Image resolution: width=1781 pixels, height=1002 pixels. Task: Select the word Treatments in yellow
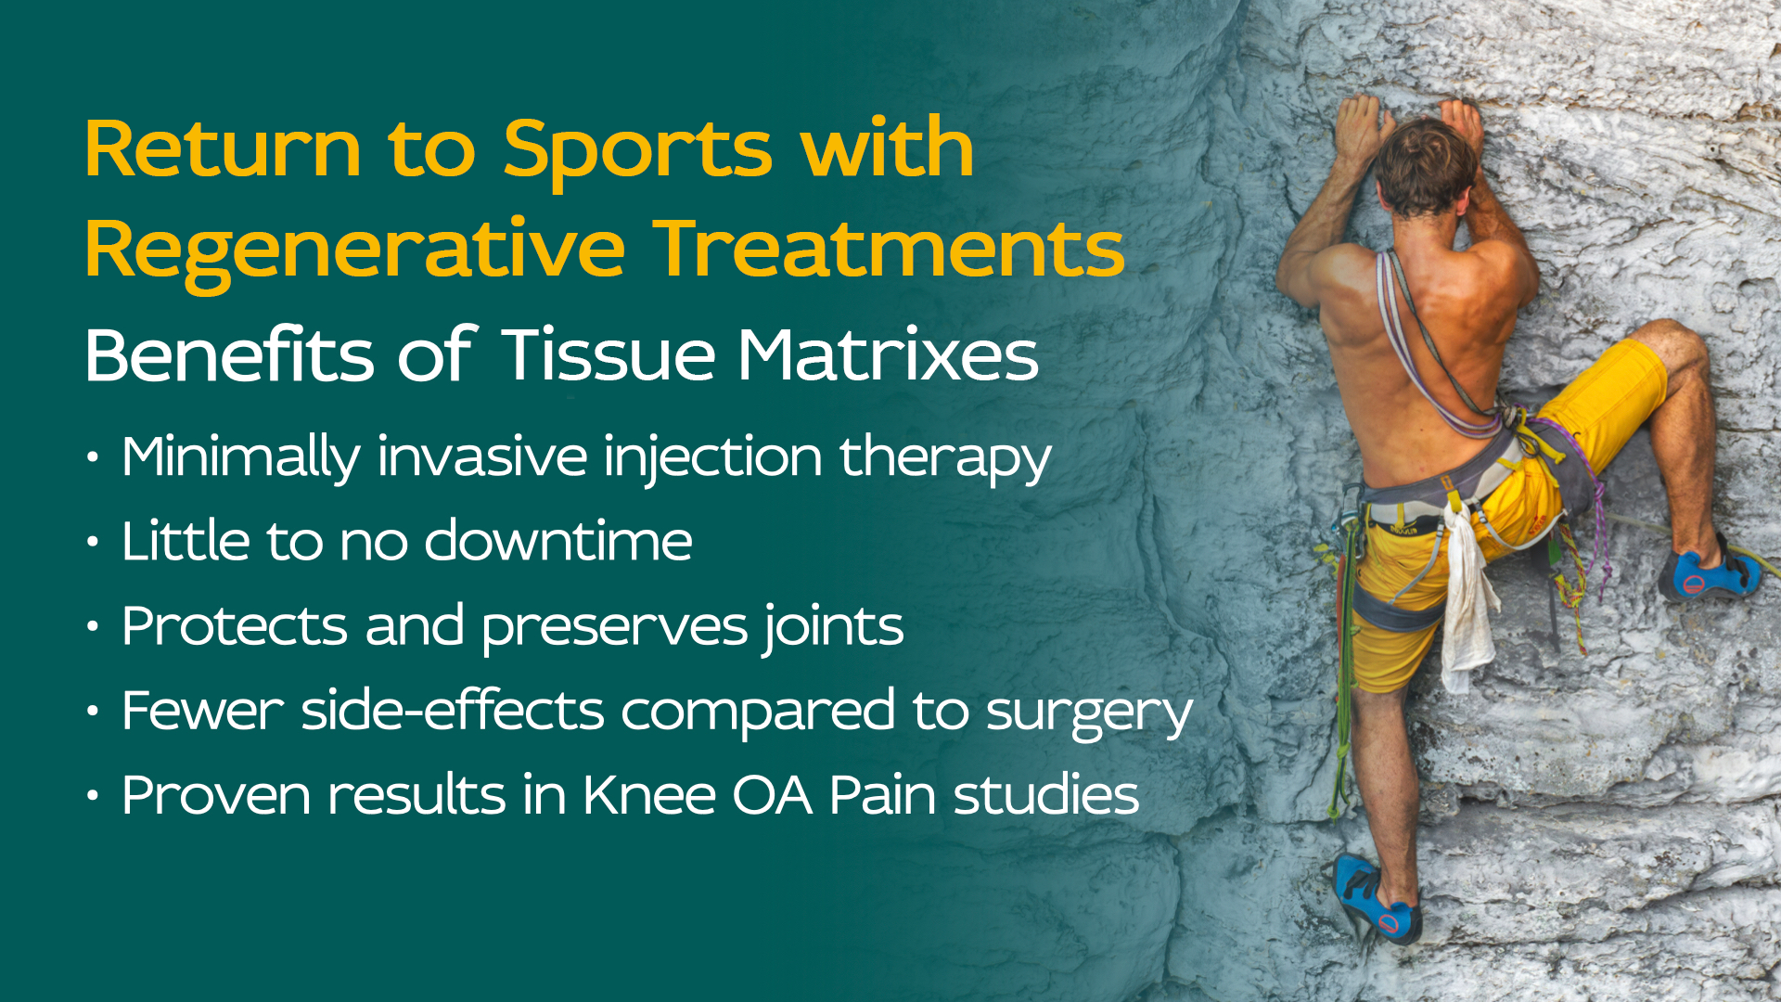click(891, 248)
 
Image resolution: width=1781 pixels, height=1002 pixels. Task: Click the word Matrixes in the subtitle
click(888, 354)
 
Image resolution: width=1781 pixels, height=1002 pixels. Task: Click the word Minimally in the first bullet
click(240, 458)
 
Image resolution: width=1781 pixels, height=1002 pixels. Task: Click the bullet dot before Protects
click(92, 627)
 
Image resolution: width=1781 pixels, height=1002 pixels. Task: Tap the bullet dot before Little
click(92, 542)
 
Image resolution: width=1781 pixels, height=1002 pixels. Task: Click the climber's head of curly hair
click(1424, 165)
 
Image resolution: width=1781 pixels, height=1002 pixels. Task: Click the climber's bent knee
click(1674, 343)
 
